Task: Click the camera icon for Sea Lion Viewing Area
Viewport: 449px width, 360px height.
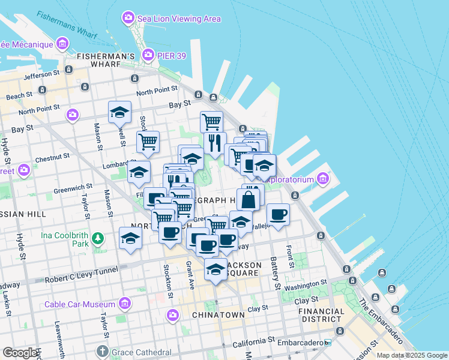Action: pos(127,18)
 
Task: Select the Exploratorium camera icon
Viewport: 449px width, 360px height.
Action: pos(323,179)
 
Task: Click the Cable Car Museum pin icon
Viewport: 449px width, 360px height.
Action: pos(125,304)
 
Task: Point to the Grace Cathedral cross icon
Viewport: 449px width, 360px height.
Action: pos(103,351)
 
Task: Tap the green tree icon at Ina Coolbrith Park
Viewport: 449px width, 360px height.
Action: pos(98,240)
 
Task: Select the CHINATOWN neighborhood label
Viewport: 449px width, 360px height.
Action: pos(218,314)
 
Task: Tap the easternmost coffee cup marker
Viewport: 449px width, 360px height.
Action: pos(278,214)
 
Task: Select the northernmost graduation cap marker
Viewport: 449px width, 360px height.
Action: pos(119,112)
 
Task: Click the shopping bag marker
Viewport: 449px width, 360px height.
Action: pos(248,199)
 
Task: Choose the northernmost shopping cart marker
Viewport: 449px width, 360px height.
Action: pos(211,121)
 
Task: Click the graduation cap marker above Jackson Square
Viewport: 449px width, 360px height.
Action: pos(215,268)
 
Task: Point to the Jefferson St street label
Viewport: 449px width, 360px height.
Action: pos(42,76)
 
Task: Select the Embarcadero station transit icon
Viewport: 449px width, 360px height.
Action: pos(327,343)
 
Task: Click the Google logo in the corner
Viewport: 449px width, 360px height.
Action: pos(19,353)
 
